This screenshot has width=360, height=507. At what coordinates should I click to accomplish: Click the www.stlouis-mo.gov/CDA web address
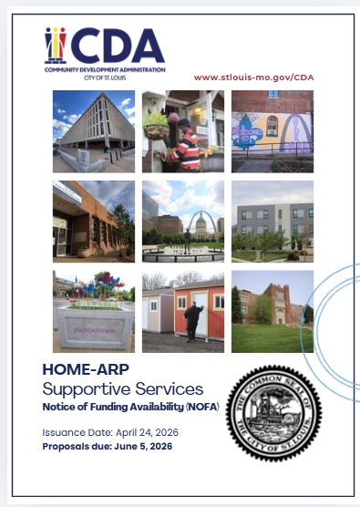click(x=254, y=78)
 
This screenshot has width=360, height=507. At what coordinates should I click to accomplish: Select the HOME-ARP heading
click(x=86, y=370)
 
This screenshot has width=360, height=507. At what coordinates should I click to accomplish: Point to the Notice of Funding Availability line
click(x=127, y=406)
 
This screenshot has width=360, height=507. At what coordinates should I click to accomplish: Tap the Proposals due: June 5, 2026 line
click(x=107, y=446)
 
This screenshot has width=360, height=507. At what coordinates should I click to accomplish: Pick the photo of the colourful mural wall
click(x=272, y=130)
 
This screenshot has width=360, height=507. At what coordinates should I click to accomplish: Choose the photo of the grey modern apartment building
click(x=272, y=220)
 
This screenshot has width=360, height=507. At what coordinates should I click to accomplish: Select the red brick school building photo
click(x=272, y=311)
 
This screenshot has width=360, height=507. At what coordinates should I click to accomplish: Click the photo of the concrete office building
click(x=94, y=130)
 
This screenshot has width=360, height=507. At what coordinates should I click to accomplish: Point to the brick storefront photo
click(x=94, y=220)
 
